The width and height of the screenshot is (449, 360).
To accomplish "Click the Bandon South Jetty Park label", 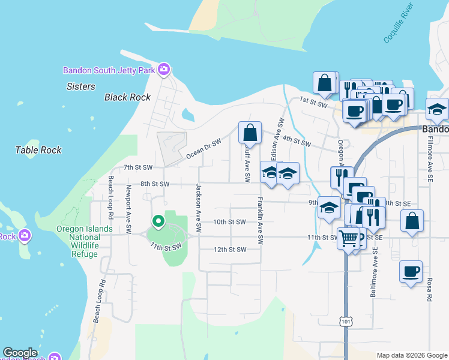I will (109, 70).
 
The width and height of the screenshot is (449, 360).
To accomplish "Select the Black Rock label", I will (127, 97).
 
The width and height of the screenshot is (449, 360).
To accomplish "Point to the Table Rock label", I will (38, 150).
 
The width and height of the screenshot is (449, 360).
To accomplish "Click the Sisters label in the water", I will (81, 86).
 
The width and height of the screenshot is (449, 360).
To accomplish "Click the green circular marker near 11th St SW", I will (158, 222).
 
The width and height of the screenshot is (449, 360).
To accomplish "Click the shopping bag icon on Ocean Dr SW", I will (250, 132).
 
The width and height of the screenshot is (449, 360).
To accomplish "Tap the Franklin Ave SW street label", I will (261, 220).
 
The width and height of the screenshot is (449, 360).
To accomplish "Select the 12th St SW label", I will (230, 249).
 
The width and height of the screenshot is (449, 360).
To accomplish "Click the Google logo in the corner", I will (20, 353).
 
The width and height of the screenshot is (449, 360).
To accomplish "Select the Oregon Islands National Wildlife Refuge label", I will (85, 241).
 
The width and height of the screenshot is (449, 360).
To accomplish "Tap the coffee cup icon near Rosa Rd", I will (411, 271).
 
